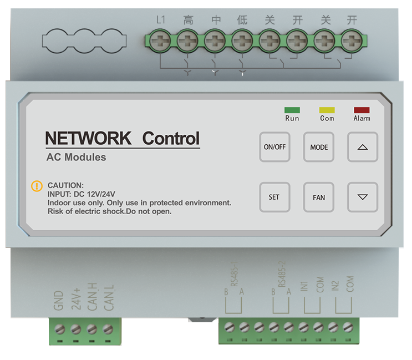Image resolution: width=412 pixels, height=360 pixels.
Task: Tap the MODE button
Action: point(319,147)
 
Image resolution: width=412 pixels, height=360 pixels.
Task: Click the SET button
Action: point(274,197)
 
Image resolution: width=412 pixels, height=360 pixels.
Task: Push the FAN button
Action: point(319,197)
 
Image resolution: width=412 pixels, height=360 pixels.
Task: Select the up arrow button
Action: point(363,147)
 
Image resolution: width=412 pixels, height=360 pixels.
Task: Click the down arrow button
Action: point(363,197)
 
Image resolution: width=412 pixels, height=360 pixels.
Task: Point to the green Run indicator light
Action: point(292,110)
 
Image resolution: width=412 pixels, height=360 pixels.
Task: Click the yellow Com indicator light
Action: point(327,110)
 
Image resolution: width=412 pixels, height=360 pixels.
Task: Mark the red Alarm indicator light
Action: point(362,110)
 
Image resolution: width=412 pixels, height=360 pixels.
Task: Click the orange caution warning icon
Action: point(37,186)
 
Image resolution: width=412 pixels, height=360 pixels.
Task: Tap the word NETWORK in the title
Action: point(88,138)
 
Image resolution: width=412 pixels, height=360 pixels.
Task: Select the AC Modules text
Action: point(76,158)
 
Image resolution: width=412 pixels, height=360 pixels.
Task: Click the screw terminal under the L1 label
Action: point(161,40)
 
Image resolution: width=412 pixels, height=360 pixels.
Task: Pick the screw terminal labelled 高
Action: point(188,40)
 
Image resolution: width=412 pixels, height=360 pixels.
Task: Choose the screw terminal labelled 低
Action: point(242,40)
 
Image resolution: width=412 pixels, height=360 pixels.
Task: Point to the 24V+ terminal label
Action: point(77,297)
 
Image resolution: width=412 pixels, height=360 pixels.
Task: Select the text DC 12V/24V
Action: point(94,194)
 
